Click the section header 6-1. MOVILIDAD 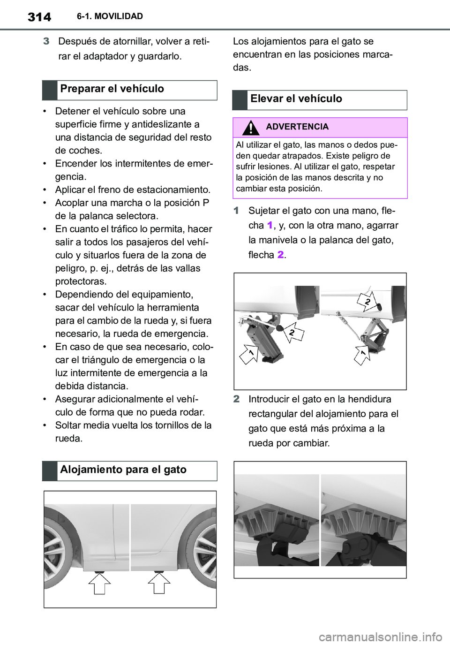click(x=110, y=17)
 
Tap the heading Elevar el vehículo click(x=296, y=99)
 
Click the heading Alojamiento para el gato click(x=123, y=470)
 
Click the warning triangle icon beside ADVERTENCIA click(x=251, y=127)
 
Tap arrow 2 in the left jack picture click(x=292, y=333)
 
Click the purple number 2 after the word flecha click(x=280, y=255)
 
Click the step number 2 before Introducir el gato click(x=237, y=400)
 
